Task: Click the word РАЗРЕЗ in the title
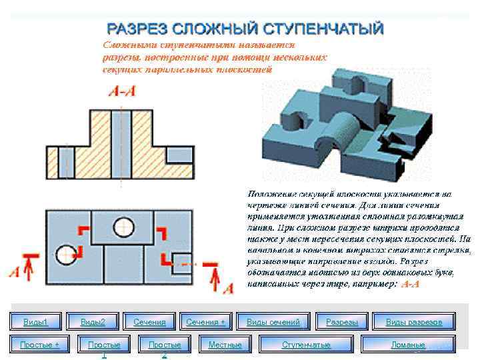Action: tap(137, 29)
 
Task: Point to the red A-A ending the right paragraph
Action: tap(410, 284)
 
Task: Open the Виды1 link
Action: tap(36, 323)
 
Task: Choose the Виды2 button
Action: tap(93, 323)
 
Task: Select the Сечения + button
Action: tap(205, 323)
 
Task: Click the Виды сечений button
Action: tap(273, 323)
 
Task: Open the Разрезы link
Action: tap(342, 323)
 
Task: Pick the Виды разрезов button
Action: tap(414, 323)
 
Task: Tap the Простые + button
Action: tap(40, 345)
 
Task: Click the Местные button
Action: tap(225, 345)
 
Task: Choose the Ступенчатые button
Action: tap(306, 345)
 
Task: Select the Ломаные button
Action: tap(408, 345)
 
